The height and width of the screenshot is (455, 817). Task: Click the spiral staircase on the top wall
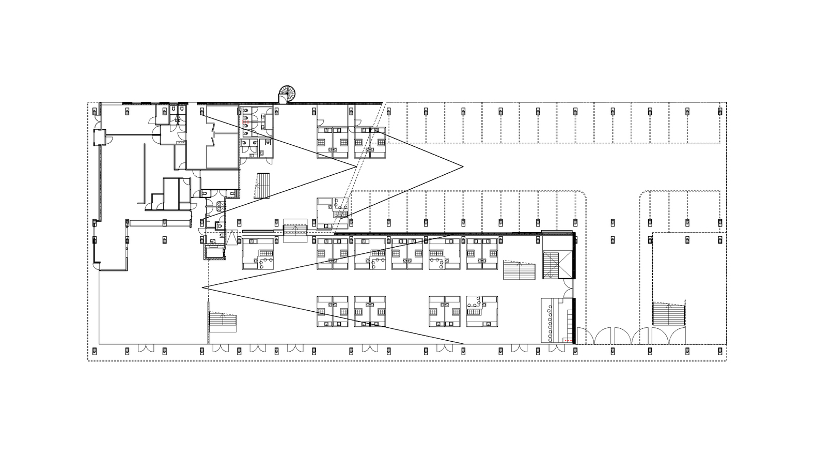click(288, 94)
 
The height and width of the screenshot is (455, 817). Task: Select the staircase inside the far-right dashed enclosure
click(669, 314)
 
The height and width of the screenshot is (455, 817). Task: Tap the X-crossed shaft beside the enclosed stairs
click(557, 264)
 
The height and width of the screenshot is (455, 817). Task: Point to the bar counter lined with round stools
click(558, 320)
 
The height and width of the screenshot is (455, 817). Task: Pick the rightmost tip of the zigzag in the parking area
click(462, 166)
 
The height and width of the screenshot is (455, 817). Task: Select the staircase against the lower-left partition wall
click(222, 322)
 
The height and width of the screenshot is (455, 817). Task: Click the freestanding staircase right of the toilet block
click(263, 186)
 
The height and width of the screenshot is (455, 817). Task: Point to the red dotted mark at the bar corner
click(569, 341)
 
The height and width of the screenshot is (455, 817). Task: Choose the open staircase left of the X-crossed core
click(520, 270)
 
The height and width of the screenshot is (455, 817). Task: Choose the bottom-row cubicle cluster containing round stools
click(481, 311)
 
